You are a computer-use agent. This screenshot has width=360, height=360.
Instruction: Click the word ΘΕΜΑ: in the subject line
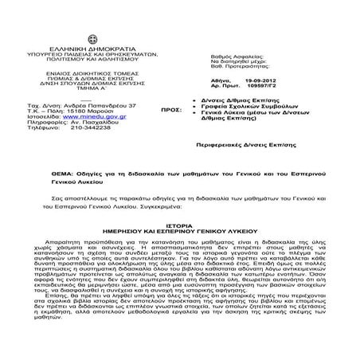pyautogui.click(x=60, y=171)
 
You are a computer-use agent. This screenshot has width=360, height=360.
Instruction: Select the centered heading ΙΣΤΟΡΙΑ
pyautogui.click(x=179, y=225)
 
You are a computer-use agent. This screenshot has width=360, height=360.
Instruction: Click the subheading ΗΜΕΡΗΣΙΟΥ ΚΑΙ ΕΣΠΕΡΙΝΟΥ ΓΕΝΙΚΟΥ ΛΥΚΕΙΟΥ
pyautogui.click(x=179, y=232)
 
